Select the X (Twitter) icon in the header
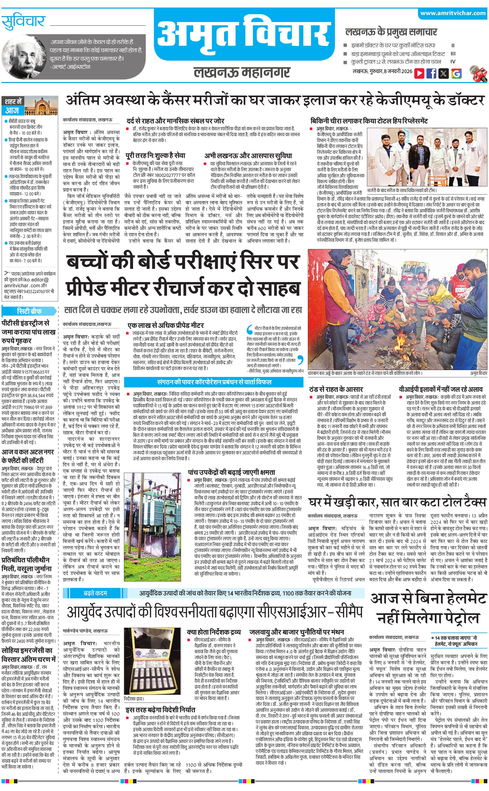click(x=444, y=73)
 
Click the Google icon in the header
click(x=456, y=73)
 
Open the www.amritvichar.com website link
click(x=453, y=13)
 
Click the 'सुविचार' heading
click(x=23, y=22)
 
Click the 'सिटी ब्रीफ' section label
click(x=29, y=311)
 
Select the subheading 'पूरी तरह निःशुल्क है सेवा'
click(x=156, y=156)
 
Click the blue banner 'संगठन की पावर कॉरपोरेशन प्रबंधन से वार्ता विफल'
click(x=214, y=382)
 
